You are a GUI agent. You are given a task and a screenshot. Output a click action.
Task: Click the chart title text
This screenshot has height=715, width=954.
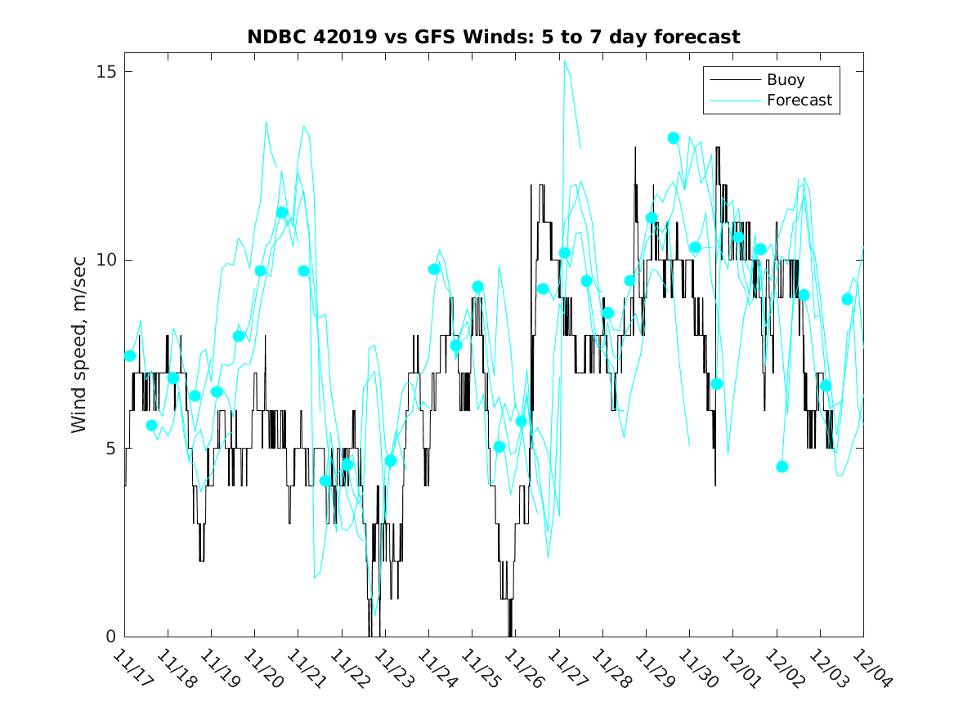pyautogui.click(x=494, y=37)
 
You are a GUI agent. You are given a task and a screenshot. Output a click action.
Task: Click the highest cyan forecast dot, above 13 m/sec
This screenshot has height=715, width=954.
pyautogui.click(x=674, y=138)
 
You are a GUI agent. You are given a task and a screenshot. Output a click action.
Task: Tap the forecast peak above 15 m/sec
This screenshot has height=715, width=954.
pyautogui.click(x=564, y=61)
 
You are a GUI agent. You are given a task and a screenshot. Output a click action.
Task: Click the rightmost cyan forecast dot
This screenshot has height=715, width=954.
pyautogui.click(x=848, y=299)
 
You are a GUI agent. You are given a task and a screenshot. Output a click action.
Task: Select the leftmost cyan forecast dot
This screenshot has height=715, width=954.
pyautogui.click(x=130, y=355)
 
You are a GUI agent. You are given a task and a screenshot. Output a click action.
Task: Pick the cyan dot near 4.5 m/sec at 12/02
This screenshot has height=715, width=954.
pyautogui.click(x=782, y=467)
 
